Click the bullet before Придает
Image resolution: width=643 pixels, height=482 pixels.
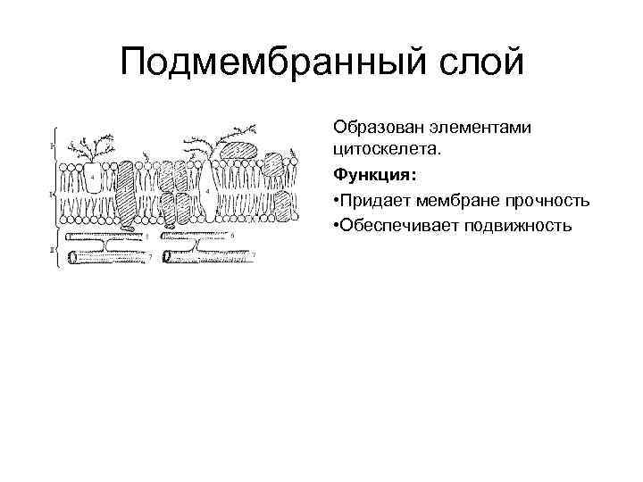click(336, 197)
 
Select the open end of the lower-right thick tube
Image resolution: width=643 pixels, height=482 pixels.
click(168, 258)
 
